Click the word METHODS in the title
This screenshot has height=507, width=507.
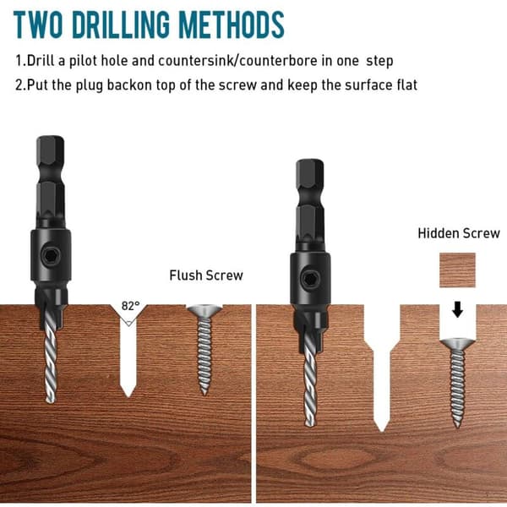(x=232, y=25)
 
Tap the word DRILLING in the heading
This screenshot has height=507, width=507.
(x=120, y=25)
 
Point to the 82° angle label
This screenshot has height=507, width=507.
(x=131, y=306)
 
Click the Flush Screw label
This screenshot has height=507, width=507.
(x=206, y=275)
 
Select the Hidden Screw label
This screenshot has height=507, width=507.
(x=459, y=233)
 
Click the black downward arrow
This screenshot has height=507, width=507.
(x=457, y=309)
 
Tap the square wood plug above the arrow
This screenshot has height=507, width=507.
(x=457, y=270)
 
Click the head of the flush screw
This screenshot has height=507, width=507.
(x=204, y=311)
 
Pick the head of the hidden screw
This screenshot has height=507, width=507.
(x=457, y=344)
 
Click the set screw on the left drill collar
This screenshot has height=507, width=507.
(x=51, y=256)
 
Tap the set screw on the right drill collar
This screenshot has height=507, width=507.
(x=311, y=279)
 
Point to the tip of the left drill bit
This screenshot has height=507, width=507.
(x=50, y=402)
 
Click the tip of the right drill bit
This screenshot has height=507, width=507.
(x=309, y=425)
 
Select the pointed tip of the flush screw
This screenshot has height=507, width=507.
(x=204, y=394)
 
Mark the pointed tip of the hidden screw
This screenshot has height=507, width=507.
(x=457, y=427)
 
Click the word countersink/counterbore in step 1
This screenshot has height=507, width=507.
(x=237, y=61)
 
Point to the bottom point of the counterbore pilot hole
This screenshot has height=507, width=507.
(x=382, y=431)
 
